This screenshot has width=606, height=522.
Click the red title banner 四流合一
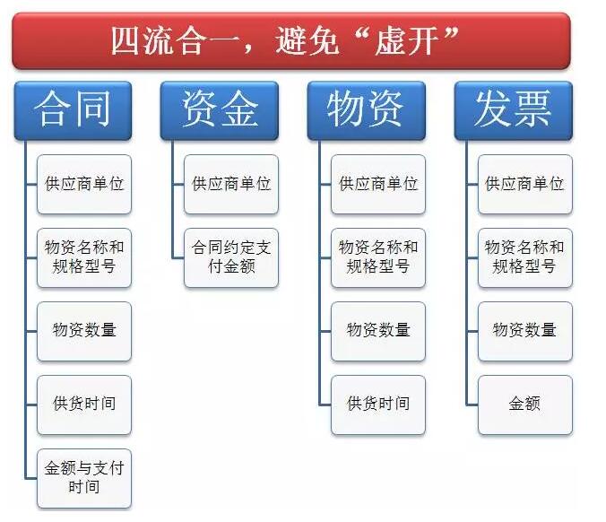pyautogui.click(x=291, y=41)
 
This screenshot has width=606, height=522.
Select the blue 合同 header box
pyautogui.click(x=73, y=110)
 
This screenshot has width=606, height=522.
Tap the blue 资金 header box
pyautogui.click(x=220, y=110)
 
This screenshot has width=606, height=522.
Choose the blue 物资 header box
pyautogui.click(x=367, y=110)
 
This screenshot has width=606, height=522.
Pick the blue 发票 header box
pyautogui.click(x=514, y=110)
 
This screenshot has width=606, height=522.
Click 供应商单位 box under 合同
pyautogui.click(x=84, y=184)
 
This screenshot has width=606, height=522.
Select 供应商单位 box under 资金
pyautogui.click(x=231, y=184)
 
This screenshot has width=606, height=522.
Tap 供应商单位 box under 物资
pyautogui.click(x=378, y=184)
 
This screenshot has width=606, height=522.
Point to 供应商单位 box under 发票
pyautogui.click(x=524, y=184)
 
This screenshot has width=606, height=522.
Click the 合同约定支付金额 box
pyautogui.click(x=231, y=257)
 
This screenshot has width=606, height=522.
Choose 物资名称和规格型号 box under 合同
pyautogui.click(x=84, y=257)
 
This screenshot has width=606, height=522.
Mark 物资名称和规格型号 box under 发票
pyautogui.click(x=524, y=257)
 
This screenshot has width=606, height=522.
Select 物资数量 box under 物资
pyautogui.click(x=378, y=331)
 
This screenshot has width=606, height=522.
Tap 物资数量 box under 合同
pyautogui.click(x=84, y=331)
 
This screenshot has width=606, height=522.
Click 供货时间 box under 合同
pyautogui.click(x=84, y=405)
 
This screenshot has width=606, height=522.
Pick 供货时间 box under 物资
pyautogui.click(x=378, y=405)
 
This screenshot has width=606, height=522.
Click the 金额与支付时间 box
pyautogui.click(x=84, y=478)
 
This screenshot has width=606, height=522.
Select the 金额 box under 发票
pyautogui.click(x=524, y=405)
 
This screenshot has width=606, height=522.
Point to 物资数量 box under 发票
pyautogui.click(x=524, y=331)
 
